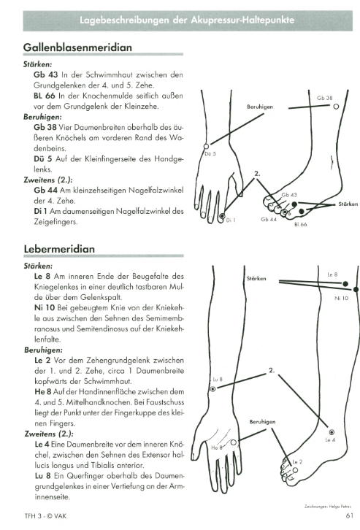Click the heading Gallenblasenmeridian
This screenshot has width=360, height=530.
point(77,47)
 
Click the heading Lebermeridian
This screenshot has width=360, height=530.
point(59,249)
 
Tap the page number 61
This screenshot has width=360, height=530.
point(350,515)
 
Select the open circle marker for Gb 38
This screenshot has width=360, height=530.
point(336,107)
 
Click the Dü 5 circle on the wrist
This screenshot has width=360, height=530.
point(206,146)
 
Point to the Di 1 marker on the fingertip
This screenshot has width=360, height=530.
point(222,216)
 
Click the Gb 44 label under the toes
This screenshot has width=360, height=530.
point(269,219)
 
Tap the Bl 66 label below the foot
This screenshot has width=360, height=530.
point(301,224)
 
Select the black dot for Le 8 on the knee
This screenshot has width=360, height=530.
point(345,284)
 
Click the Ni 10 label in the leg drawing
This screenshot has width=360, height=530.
point(342,298)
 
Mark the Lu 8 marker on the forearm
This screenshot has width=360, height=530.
point(213,389)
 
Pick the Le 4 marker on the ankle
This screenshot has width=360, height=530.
point(332,432)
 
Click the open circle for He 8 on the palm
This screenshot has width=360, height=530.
point(233,443)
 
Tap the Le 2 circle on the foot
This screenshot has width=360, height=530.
point(295,470)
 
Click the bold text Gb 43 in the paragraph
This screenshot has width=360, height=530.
point(45,74)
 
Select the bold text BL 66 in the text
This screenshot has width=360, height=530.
point(45,96)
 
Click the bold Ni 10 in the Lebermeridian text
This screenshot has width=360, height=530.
point(45,307)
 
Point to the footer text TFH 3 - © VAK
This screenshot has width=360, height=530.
point(45,516)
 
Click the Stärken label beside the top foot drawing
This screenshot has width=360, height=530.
point(348,204)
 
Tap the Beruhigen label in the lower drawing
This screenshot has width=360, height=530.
point(262,422)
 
